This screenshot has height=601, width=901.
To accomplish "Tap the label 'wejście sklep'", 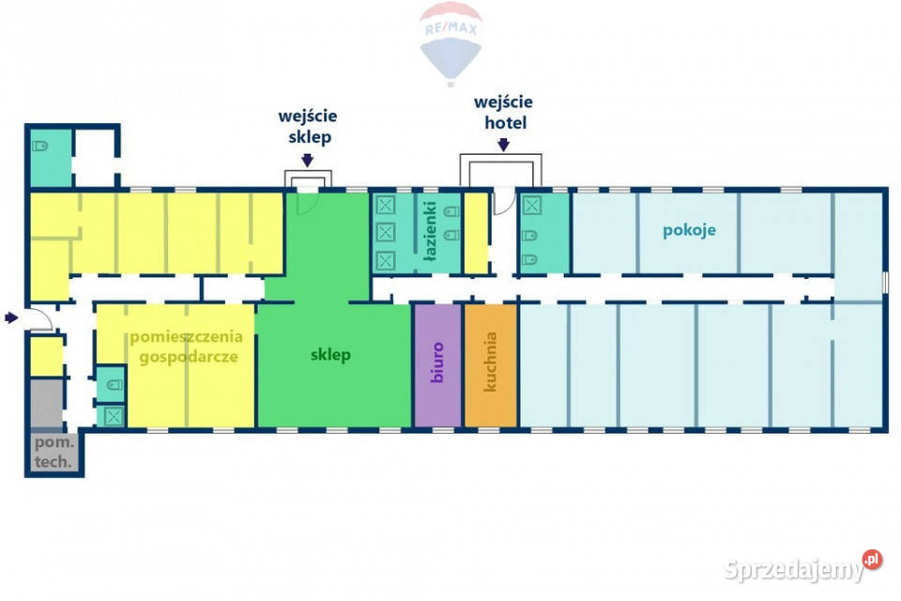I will [x=307, y=127].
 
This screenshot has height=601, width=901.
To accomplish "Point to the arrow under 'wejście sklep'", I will [x=308, y=160].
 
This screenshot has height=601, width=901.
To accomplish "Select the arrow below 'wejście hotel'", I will [x=503, y=145].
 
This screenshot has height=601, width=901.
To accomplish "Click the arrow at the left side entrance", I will [x=10, y=317].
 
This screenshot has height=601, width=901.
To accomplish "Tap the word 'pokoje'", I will [x=689, y=230].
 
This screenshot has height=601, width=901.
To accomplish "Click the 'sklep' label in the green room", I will [x=330, y=355].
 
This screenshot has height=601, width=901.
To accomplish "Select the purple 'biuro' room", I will [x=437, y=364].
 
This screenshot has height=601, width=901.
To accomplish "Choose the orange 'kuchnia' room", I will [x=490, y=364].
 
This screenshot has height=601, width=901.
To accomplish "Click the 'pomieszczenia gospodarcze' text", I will [x=186, y=346].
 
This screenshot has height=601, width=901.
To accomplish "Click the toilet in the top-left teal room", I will [x=41, y=147].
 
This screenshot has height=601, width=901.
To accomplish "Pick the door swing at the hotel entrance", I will [x=503, y=202].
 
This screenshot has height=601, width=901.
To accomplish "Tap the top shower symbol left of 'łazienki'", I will [x=385, y=204].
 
